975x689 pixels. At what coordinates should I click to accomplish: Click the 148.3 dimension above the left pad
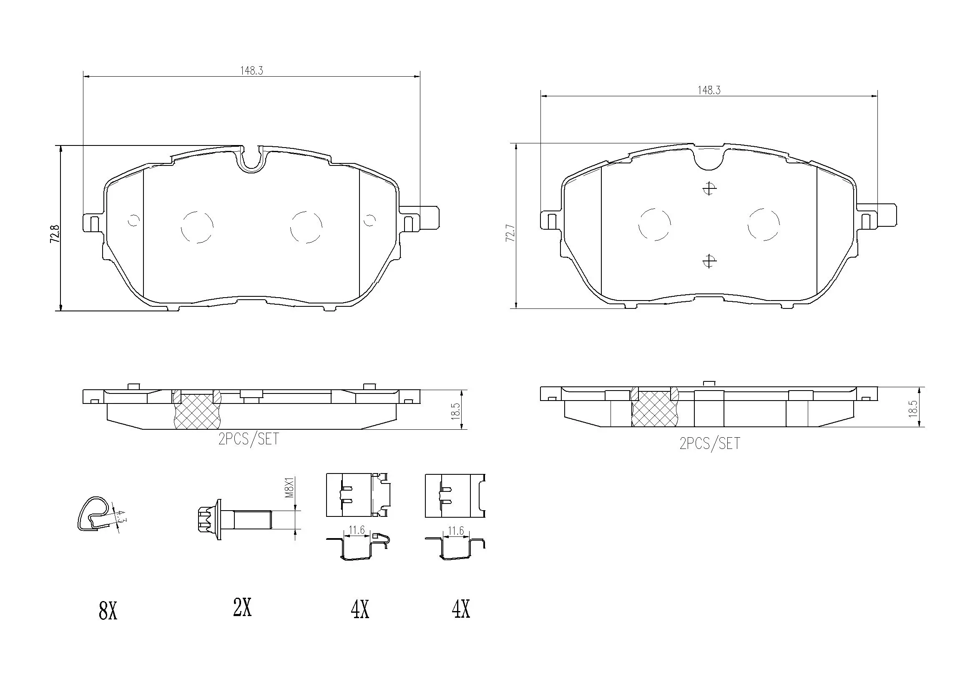click(251, 71)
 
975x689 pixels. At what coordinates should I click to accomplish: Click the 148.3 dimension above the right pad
click(709, 90)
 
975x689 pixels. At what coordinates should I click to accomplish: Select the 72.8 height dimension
click(54, 234)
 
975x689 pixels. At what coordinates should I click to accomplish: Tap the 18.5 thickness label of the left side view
click(456, 411)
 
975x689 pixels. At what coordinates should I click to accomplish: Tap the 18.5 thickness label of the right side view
click(913, 408)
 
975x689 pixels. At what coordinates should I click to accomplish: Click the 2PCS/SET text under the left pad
click(249, 439)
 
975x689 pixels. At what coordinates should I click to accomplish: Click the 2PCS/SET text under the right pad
click(710, 443)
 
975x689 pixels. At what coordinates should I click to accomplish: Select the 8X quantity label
click(108, 612)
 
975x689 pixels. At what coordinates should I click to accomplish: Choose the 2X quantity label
click(242, 608)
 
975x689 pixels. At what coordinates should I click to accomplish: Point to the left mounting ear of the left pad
click(92, 222)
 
